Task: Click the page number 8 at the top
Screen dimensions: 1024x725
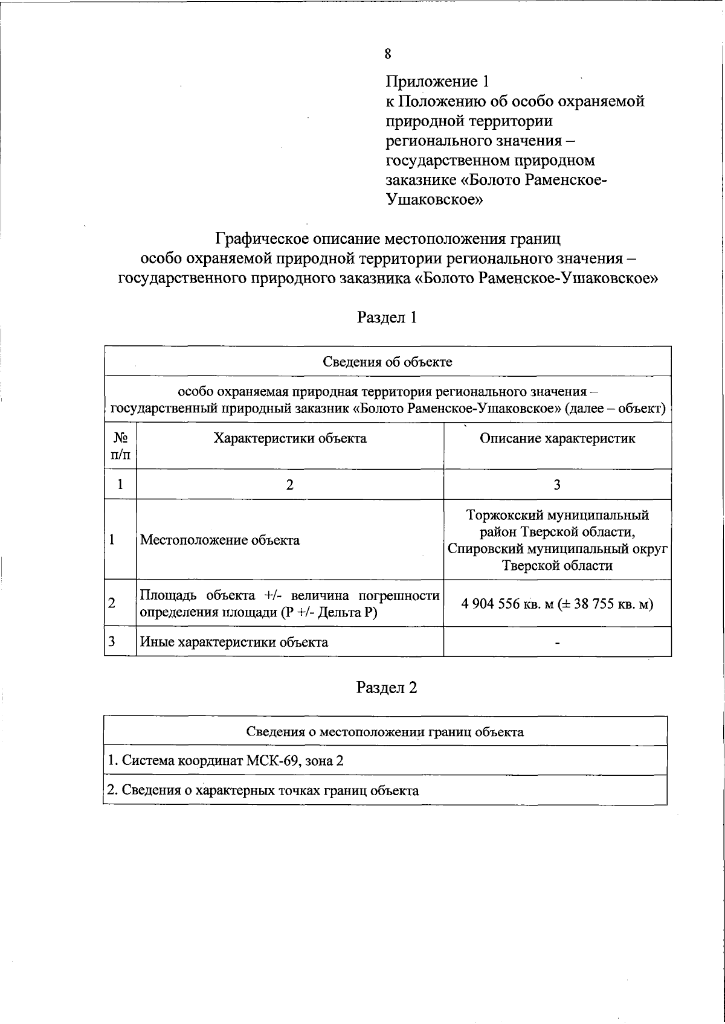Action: [x=387, y=54]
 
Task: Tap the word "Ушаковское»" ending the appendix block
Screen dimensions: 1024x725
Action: [x=434, y=200]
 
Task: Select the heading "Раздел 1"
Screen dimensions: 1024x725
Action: [x=387, y=318]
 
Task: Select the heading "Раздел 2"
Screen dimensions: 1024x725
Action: [x=387, y=688]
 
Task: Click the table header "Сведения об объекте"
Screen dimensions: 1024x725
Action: [x=387, y=362]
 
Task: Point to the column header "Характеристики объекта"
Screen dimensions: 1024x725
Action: [x=290, y=438]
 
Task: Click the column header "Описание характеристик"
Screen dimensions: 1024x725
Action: [x=557, y=438]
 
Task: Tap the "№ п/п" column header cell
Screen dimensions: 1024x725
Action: [x=120, y=446]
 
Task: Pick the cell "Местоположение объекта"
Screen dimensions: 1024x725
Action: [x=220, y=540]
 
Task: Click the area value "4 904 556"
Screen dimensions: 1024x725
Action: [x=490, y=604]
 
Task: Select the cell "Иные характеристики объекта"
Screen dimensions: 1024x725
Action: [x=234, y=642]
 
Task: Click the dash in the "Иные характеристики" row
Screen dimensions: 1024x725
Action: [x=557, y=644]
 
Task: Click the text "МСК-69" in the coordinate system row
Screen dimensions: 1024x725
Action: [x=269, y=761]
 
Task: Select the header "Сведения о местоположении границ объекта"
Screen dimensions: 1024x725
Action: [x=385, y=732]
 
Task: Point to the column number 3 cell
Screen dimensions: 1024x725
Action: [x=557, y=485]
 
